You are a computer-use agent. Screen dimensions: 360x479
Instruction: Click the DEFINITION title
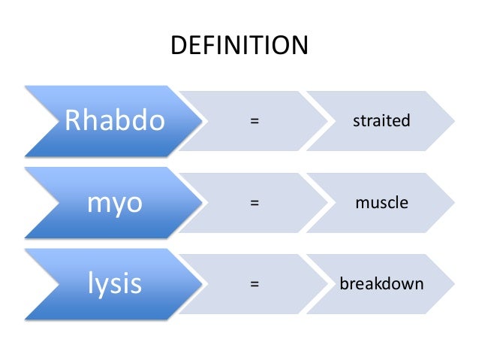coord(239,47)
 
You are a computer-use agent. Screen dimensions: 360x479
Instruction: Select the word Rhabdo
coord(115,121)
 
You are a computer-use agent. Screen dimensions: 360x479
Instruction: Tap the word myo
coord(115,203)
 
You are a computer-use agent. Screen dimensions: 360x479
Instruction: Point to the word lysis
coord(115,285)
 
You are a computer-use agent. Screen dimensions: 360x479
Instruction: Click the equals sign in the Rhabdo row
coord(255,121)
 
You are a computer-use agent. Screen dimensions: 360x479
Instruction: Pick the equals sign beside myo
coord(255,203)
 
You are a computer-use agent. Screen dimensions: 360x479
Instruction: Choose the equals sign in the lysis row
coord(255,285)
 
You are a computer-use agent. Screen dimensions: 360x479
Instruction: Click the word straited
coord(381,121)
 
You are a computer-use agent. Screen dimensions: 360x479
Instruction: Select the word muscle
coord(381,203)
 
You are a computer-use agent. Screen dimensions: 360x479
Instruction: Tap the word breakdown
coord(381,285)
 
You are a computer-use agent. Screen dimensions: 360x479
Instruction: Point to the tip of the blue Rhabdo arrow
coord(206,121)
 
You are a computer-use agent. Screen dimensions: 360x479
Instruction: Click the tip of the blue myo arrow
coord(206,203)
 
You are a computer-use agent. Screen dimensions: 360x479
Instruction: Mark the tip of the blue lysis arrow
coord(206,285)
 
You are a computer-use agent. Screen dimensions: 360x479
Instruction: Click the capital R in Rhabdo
coord(72,121)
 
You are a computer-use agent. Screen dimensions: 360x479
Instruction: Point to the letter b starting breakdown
coord(343,284)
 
